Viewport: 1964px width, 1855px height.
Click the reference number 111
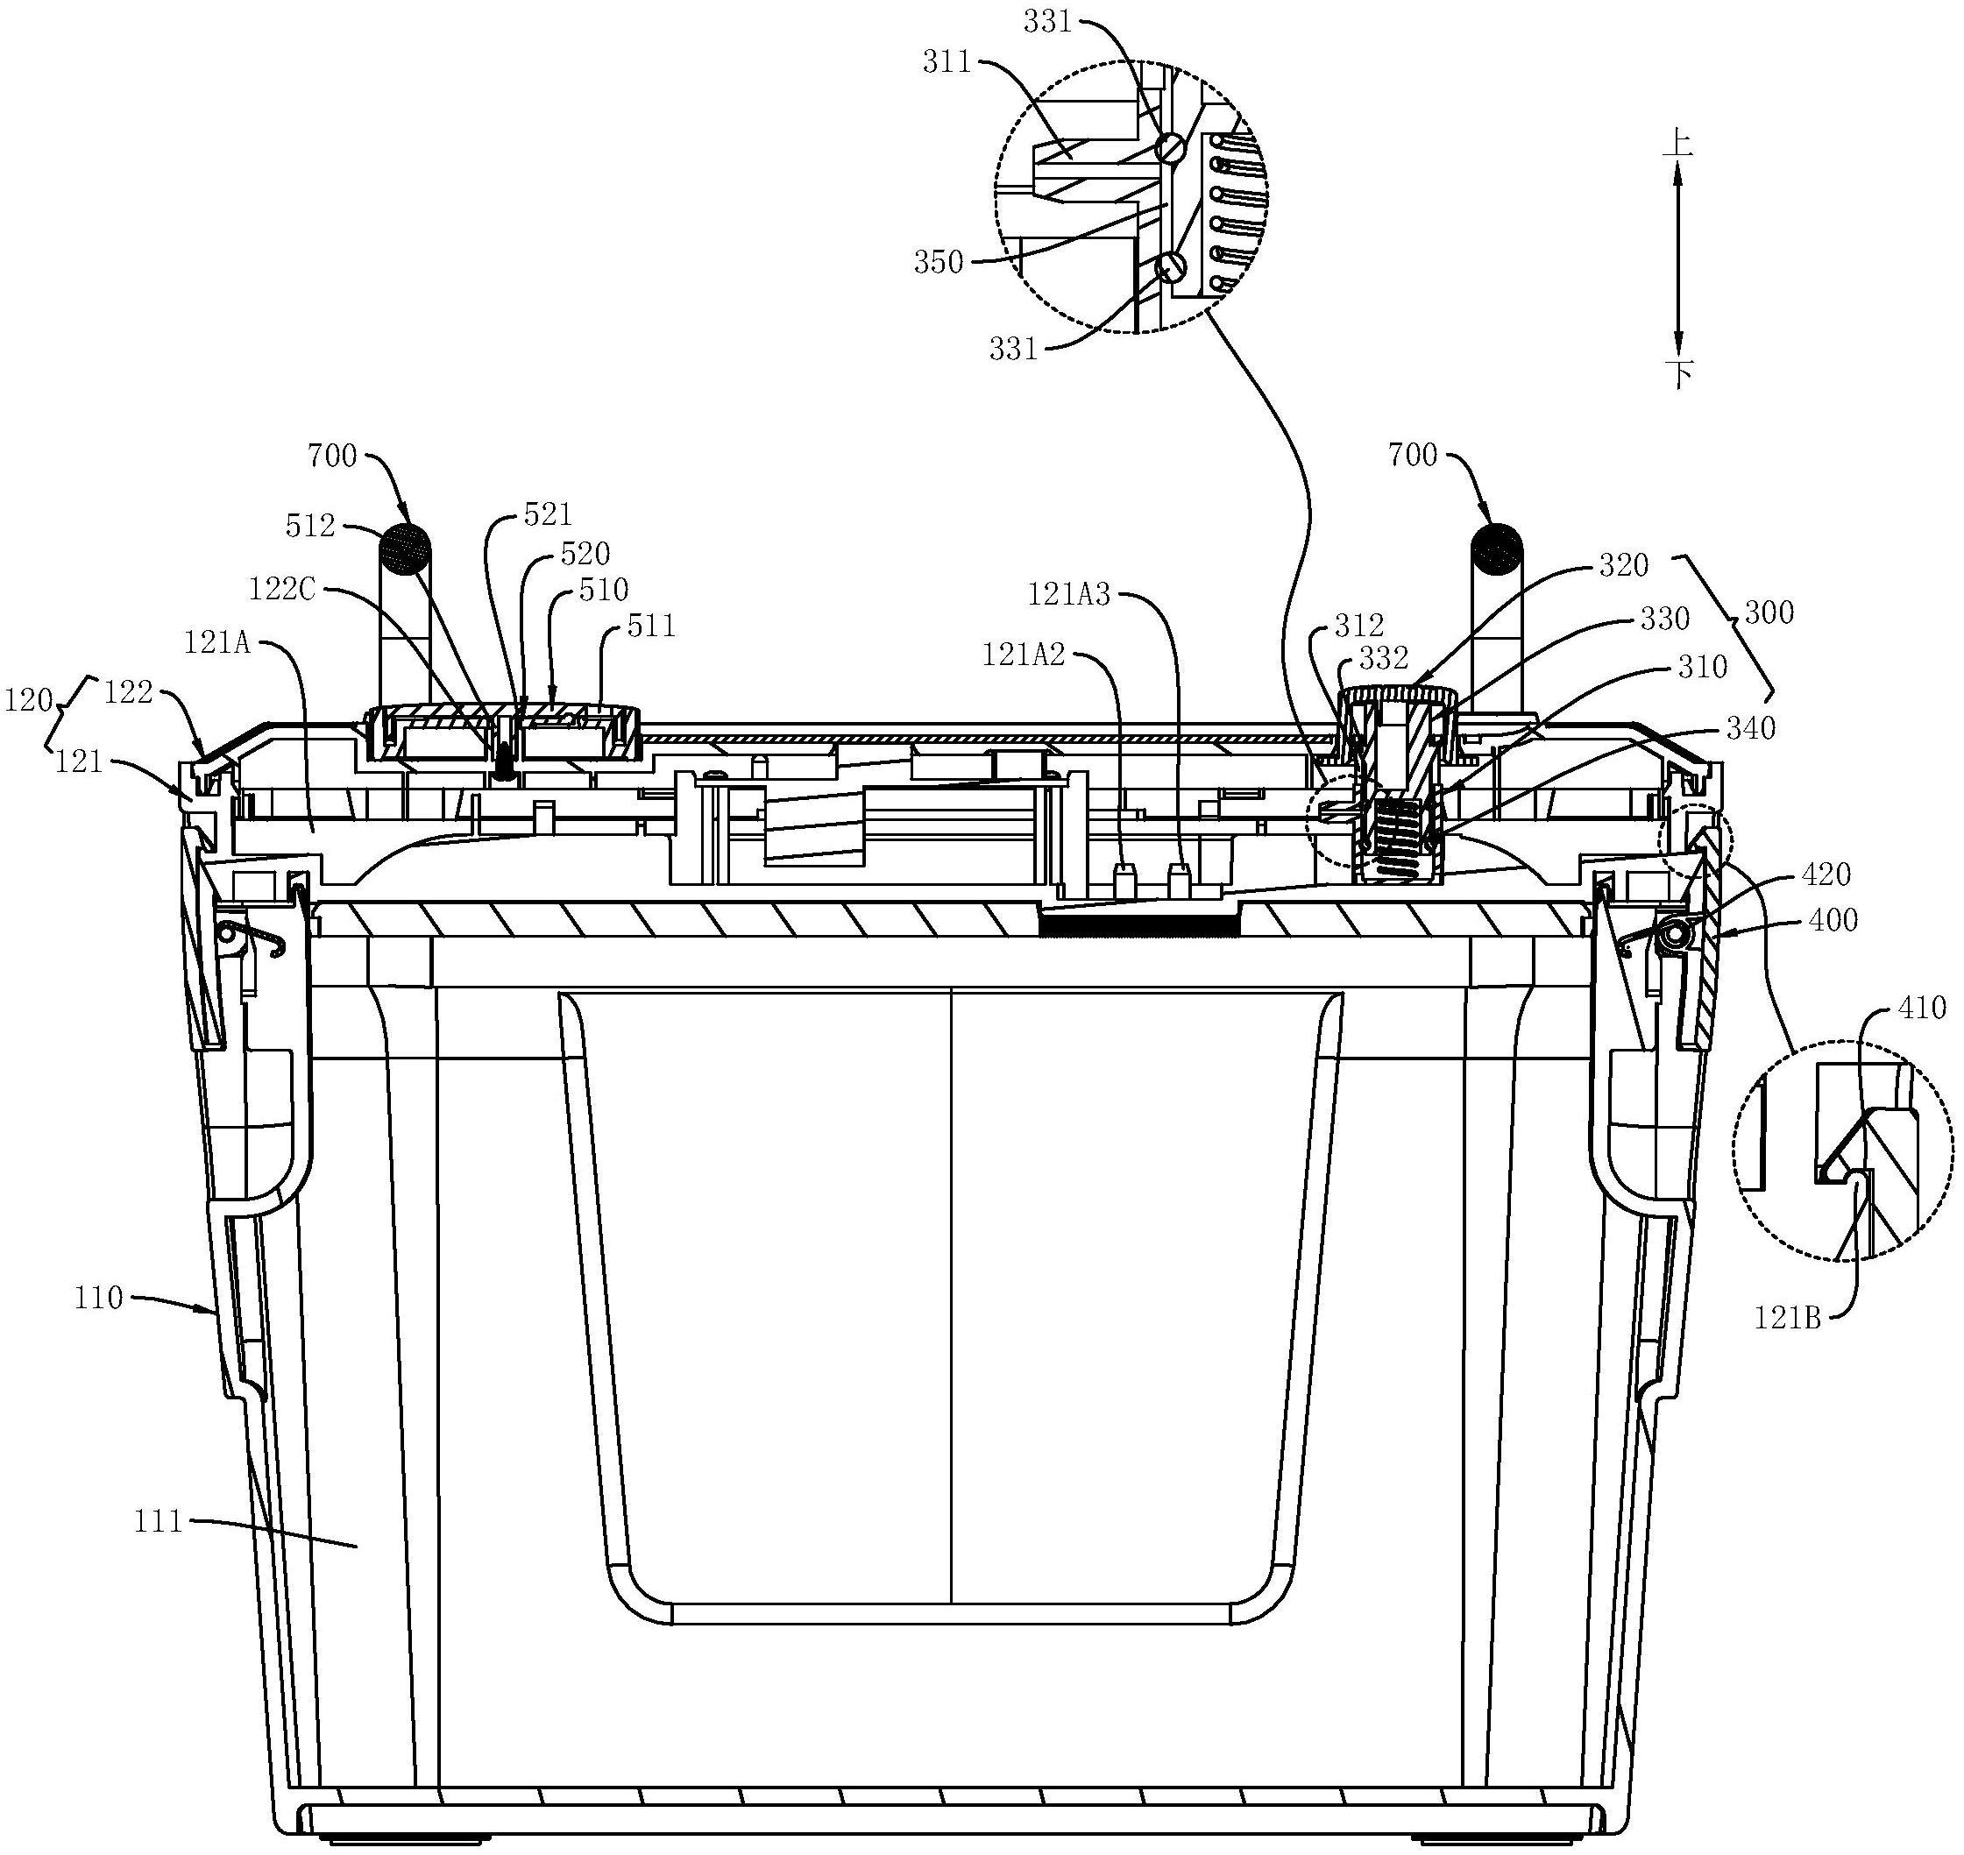tap(160, 1519)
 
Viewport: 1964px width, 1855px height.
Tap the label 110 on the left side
tap(98, 1298)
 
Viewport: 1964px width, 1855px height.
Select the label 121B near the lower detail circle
tap(1787, 1317)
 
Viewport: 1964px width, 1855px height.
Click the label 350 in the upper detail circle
tap(939, 262)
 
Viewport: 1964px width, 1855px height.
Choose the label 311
tap(947, 63)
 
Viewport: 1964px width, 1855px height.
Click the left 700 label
tap(331, 456)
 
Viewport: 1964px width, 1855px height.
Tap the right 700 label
tap(1412, 455)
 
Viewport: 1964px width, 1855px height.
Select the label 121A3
tap(1069, 594)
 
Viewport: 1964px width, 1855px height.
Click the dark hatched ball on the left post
tap(408, 548)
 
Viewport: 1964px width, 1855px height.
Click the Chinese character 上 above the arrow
tap(1677, 145)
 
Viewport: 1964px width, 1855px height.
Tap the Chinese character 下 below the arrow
tap(1678, 374)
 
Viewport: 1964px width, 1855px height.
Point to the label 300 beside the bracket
tap(1769, 613)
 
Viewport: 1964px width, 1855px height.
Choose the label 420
tap(1826, 874)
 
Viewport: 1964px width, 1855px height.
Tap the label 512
tap(310, 525)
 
